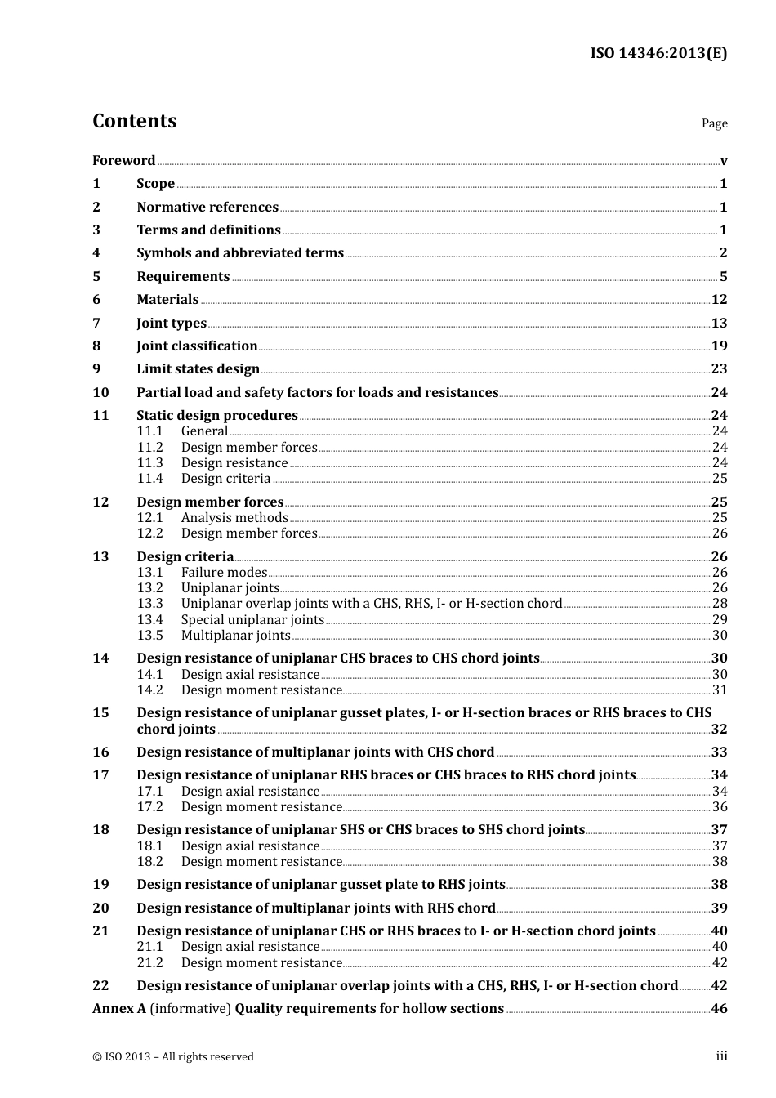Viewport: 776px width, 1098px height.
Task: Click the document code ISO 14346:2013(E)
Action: pos(658,54)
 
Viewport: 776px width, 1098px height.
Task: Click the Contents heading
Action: pos(134,121)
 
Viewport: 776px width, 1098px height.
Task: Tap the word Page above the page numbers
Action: pos(714,123)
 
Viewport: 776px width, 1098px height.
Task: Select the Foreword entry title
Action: pos(123,161)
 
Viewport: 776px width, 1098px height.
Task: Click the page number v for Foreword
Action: pos(724,161)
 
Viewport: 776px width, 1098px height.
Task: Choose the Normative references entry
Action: pos(207,208)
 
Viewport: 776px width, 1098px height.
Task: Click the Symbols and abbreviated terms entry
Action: pos(240,253)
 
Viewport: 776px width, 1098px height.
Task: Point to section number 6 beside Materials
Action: pos(96,300)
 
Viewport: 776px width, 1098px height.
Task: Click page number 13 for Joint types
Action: pos(719,324)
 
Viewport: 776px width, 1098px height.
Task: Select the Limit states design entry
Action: pos(198,369)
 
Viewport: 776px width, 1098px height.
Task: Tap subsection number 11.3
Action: pos(150,463)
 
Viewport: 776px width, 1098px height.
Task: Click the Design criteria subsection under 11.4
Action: pos(225,479)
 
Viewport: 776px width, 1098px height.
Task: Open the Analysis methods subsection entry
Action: pos(234,518)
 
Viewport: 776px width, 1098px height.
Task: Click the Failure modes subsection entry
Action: pos(224,573)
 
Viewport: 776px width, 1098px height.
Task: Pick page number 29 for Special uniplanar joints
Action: pos(720,620)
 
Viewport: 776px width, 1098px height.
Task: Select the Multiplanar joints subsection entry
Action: pos(235,636)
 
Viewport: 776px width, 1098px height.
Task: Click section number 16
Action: pos(100,752)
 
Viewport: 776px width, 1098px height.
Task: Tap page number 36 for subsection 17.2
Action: pos(720,807)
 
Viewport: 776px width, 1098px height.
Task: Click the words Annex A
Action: pos(119,1009)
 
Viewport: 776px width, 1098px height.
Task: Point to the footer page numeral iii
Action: pos(722,1056)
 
